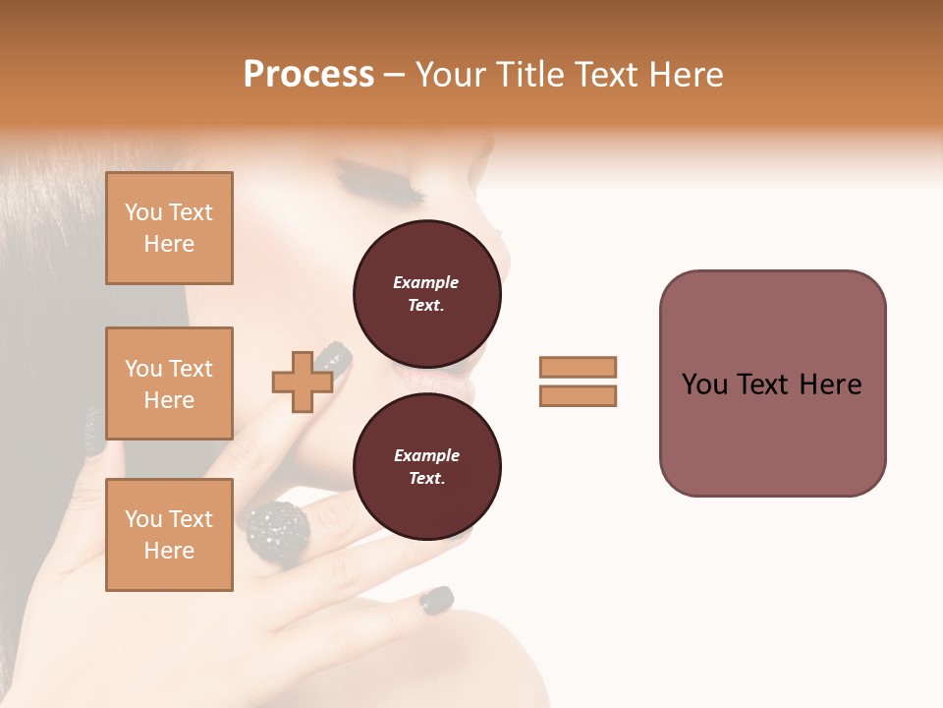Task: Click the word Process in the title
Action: tap(308, 74)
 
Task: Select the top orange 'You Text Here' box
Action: tap(169, 228)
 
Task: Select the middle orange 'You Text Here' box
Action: tap(169, 383)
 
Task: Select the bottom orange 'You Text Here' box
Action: tap(169, 535)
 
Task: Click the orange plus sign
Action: tap(303, 382)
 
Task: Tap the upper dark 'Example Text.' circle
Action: tap(426, 294)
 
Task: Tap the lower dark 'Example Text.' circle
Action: tap(426, 466)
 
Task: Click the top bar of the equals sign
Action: tap(578, 367)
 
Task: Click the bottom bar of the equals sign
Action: tap(578, 395)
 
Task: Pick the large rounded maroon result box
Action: tap(772, 383)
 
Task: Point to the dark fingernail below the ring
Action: tap(437, 599)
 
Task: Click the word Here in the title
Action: tap(688, 75)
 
